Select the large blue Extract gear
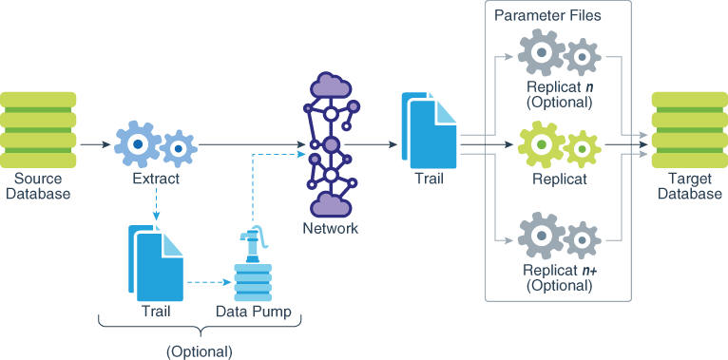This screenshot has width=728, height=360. coord(138,144)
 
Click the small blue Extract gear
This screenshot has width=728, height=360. coord(178,147)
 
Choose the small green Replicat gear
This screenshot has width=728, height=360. coord(581,147)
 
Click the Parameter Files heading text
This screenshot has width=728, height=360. coord(547,15)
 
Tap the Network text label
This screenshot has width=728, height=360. coord(330,229)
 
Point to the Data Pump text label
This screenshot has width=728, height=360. coord(253,312)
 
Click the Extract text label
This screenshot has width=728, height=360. coord(155,179)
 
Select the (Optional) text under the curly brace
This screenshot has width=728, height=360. coord(199,351)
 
